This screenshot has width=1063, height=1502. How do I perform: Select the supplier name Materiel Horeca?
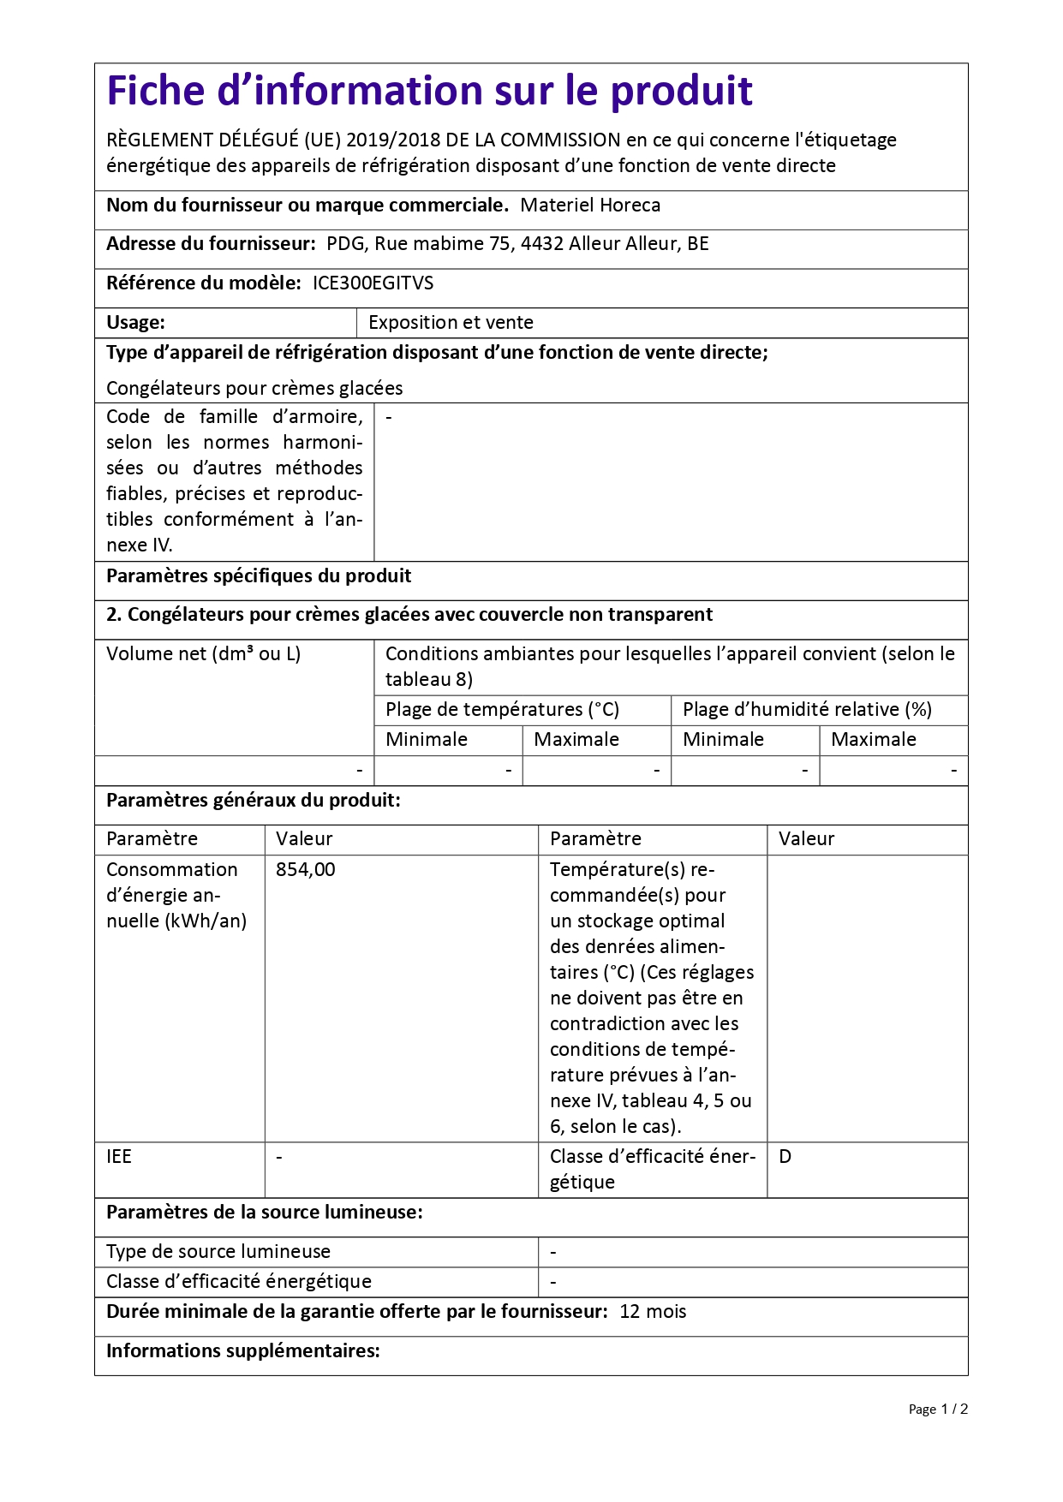[x=590, y=206]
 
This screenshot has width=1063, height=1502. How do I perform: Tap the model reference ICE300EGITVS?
[x=373, y=283]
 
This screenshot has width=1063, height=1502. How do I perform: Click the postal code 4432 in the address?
[x=541, y=244]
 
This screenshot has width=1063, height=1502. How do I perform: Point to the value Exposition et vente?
[x=451, y=323]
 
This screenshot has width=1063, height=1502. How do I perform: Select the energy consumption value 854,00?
[x=306, y=870]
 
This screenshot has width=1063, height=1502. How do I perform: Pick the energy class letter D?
[x=785, y=1157]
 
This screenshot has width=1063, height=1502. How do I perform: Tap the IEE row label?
[x=119, y=1157]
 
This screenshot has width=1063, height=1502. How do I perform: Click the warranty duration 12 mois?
[x=653, y=1312]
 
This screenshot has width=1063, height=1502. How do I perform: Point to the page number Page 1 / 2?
[x=938, y=1410]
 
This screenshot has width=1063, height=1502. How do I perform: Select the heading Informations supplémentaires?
[x=242, y=1351]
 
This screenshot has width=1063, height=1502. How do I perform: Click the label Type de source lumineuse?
[x=218, y=1252]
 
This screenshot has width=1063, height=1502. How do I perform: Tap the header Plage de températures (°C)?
[x=502, y=710]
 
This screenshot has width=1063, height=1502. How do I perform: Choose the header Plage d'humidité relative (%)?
[x=807, y=710]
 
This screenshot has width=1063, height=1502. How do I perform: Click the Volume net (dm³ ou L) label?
[x=203, y=654]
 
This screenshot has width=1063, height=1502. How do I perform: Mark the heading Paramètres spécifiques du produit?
[x=259, y=576]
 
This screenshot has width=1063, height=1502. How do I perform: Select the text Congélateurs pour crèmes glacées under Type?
[x=254, y=389]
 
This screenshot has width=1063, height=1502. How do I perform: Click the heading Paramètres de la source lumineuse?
[x=264, y=1213]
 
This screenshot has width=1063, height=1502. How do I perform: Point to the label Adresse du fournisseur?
[x=211, y=244]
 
